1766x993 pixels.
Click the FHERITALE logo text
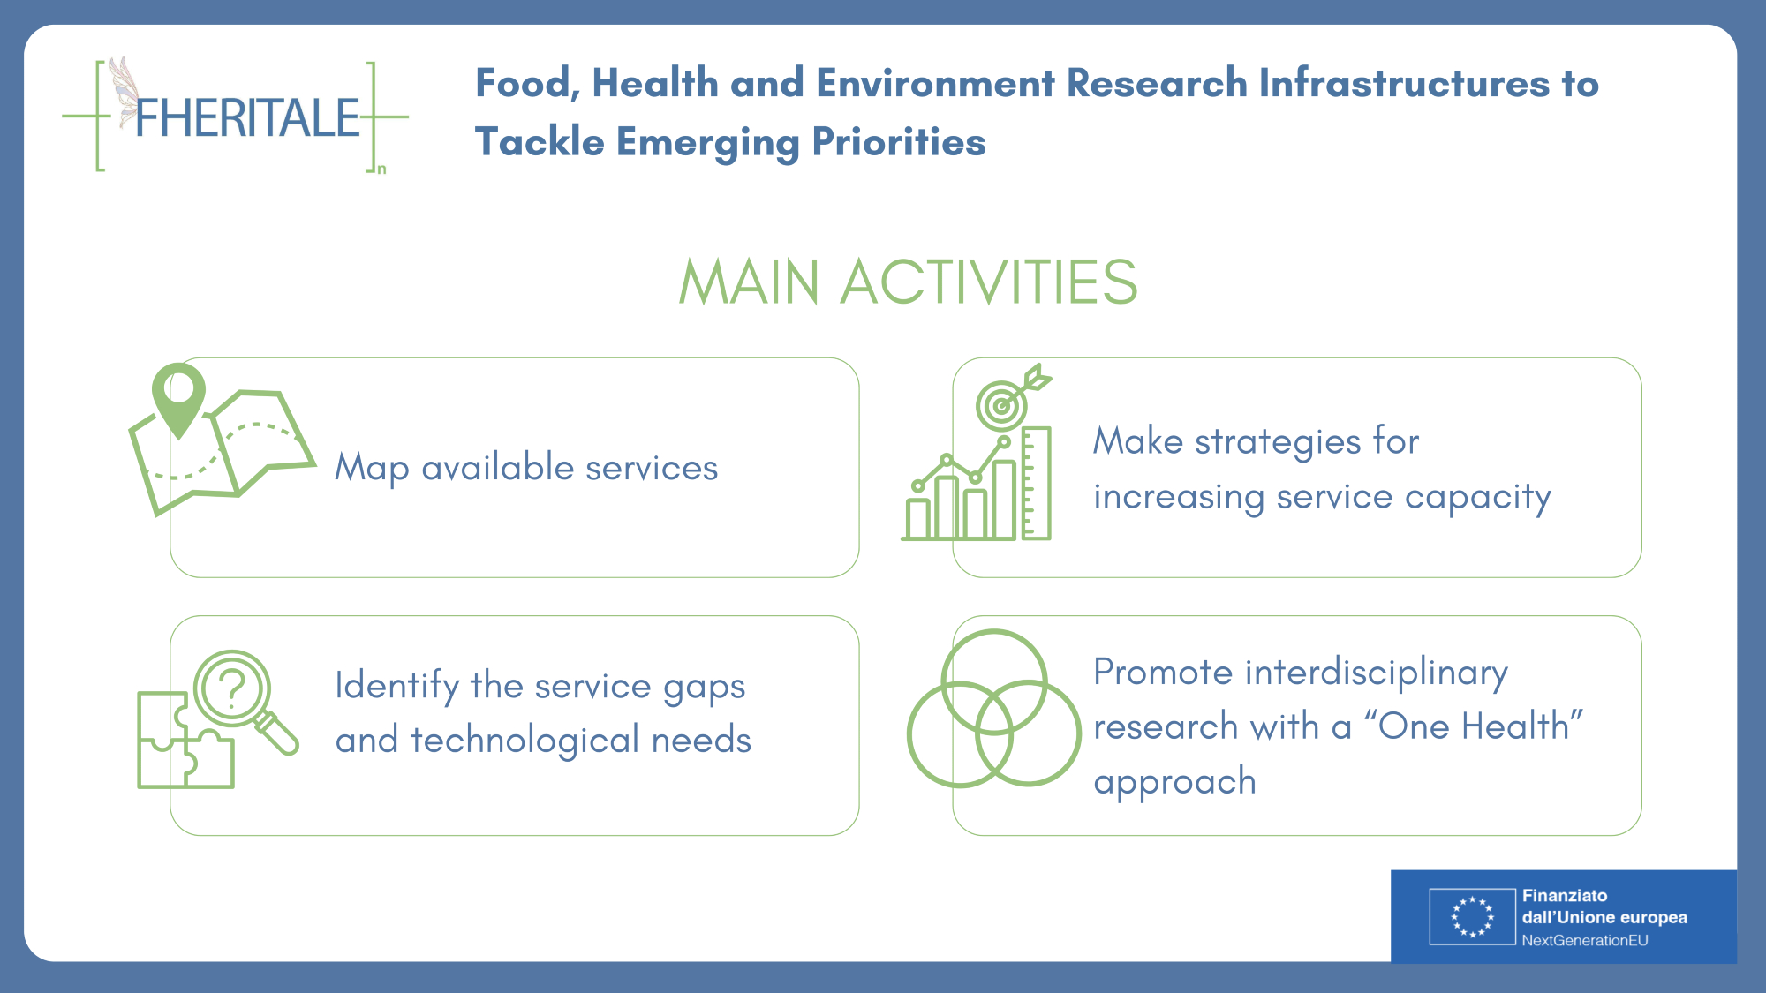coord(248,118)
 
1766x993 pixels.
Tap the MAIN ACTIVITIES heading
coord(909,282)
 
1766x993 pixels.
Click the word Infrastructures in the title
coord(1403,83)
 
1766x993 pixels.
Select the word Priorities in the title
coord(898,141)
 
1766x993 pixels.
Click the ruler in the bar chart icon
coord(1036,483)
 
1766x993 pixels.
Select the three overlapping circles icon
coord(994,708)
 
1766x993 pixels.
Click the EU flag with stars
coord(1472,916)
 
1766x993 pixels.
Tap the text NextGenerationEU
coord(1585,941)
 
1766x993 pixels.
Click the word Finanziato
coord(1565,896)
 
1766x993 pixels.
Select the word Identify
coord(397,686)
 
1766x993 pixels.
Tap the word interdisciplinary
coord(1377,673)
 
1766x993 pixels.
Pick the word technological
coord(525,740)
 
